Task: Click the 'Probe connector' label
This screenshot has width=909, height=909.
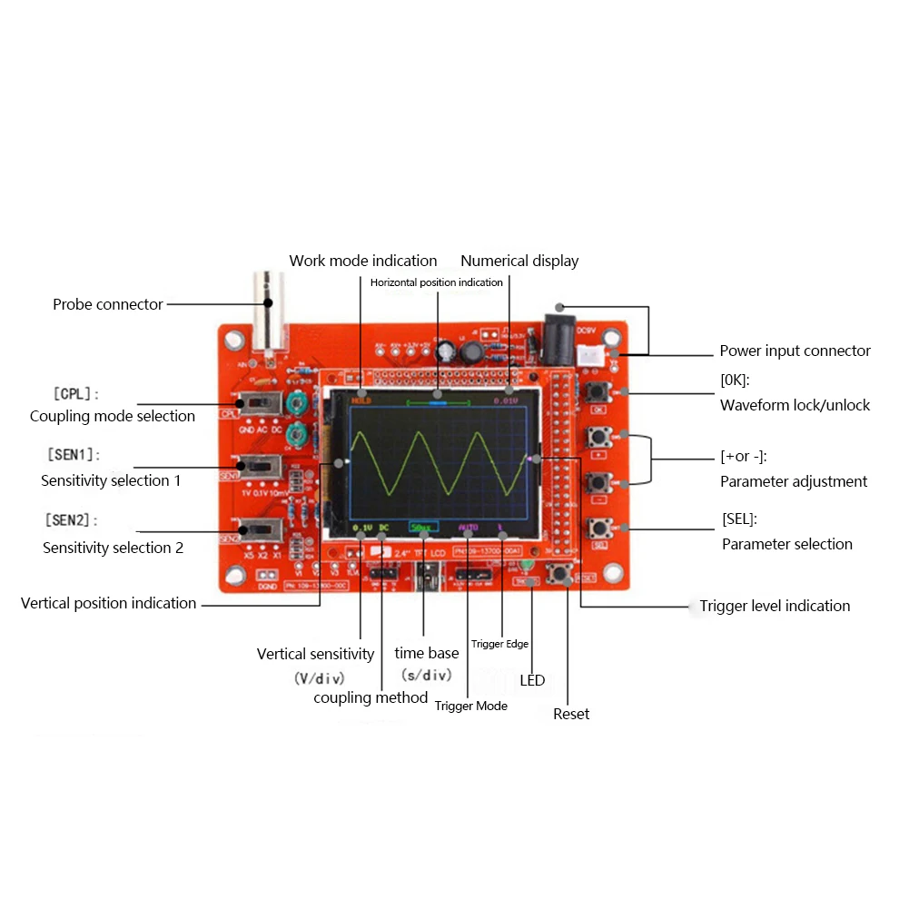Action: [107, 304]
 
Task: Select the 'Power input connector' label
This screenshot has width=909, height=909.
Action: [795, 351]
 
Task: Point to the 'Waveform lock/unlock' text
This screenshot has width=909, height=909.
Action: [795, 405]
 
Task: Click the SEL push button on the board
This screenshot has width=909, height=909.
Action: [599, 529]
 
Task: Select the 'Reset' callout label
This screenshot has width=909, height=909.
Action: [571, 714]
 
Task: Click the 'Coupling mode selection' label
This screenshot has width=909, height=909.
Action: [113, 416]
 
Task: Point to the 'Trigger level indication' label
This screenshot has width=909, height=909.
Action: [775, 606]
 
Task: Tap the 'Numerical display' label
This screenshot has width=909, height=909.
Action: [519, 261]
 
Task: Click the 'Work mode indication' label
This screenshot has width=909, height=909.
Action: [362, 261]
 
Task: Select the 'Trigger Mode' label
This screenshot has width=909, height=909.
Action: [470, 706]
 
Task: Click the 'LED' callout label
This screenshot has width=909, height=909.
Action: [532, 680]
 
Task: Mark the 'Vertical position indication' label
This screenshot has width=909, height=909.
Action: [108, 603]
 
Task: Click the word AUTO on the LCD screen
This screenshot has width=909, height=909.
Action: [468, 527]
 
